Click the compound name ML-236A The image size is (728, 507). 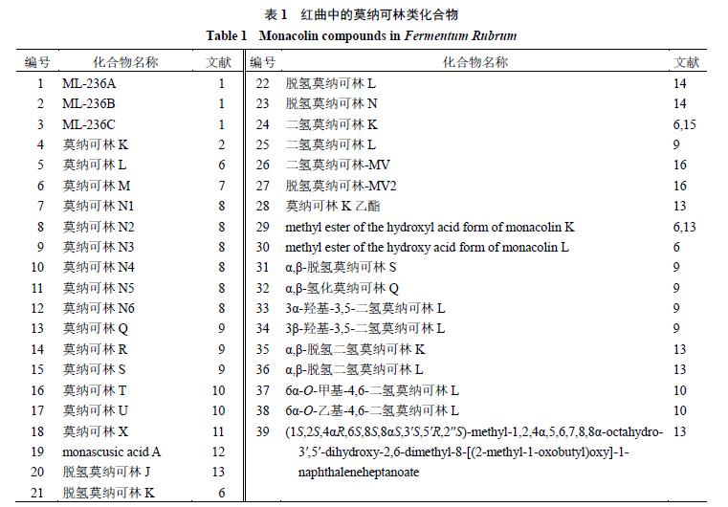coord(90,83)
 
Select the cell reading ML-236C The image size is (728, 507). coord(90,124)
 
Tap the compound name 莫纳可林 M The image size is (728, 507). coord(97,186)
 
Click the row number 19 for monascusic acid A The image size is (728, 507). coord(38,452)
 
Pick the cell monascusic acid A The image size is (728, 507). coord(113,452)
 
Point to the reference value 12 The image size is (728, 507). coord(220,452)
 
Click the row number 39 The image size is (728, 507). coord(262,431)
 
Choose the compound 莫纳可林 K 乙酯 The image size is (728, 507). coord(331,206)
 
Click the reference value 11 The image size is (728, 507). coord(220,431)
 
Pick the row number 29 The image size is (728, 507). coord(262,227)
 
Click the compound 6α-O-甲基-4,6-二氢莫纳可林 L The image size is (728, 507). coord(372,390)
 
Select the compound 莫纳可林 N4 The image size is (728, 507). coord(99,268)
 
